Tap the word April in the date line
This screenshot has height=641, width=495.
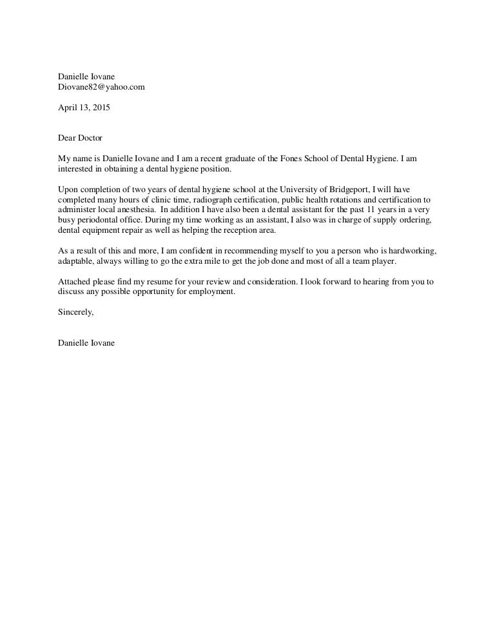[68, 108]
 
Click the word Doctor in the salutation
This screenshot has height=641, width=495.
[90, 138]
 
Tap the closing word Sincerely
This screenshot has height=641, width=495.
[75, 312]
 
